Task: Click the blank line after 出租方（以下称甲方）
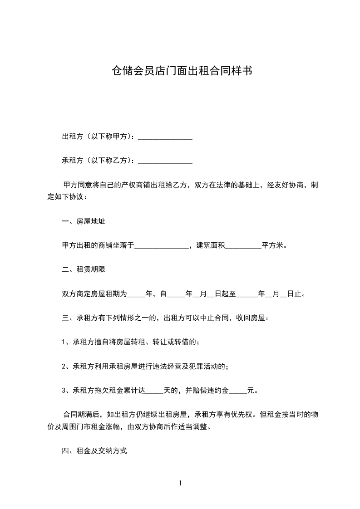point(165,137)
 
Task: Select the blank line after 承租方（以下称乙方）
point(165,161)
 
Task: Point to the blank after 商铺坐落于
point(162,246)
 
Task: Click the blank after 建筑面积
point(243,246)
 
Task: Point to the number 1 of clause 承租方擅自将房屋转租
point(64,342)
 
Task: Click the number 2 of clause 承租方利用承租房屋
point(64,366)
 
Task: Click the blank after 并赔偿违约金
point(238,390)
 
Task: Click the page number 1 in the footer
point(180,483)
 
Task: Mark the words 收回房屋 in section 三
point(251,318)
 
